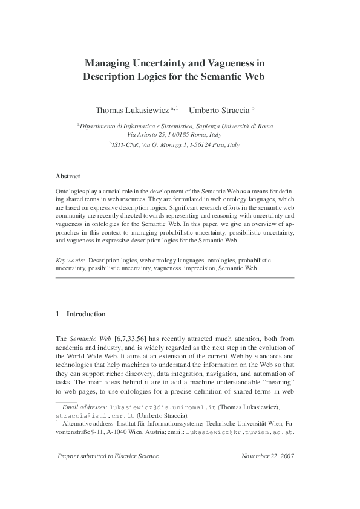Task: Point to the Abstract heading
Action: click(x=68, y=176)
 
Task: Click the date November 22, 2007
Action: click(x=267, y=456)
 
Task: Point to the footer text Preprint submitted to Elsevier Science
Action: click(x=107, y=456)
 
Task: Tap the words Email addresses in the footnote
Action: click(x=84, y=409)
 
